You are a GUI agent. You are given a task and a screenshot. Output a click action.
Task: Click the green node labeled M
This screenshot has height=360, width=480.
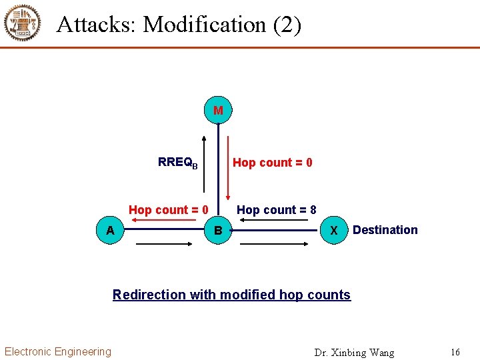coord(218,110)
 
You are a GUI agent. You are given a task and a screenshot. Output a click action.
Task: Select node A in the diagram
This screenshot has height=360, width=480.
coord(110,231)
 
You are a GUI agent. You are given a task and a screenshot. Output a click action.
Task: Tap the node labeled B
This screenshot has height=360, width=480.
coord(218,231)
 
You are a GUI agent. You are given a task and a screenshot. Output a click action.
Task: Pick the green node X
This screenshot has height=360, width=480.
coord(334,231)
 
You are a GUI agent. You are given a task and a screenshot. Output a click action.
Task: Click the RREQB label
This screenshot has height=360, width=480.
coord(177,163)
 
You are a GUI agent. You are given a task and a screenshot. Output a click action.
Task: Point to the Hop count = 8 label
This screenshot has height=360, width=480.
coord(276,210)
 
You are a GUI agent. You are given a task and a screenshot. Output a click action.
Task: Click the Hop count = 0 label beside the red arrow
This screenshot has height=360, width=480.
coord(272,163)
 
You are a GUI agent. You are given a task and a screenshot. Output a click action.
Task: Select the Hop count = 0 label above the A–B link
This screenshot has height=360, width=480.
coord(169,210)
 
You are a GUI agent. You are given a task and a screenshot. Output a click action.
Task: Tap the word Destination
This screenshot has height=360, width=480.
coord(385,230)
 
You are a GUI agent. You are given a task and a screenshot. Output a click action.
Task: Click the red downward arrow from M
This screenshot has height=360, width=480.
coord(228,169)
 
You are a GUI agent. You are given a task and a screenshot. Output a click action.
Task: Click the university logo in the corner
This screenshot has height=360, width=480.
coord(23,23)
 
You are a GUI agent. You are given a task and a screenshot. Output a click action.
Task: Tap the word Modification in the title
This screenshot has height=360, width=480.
coord(205,25)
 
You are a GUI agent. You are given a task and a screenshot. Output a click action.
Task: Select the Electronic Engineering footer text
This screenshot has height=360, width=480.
coord(58,351)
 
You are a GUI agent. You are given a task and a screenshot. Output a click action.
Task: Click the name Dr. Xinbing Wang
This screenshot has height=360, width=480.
coord(354,352)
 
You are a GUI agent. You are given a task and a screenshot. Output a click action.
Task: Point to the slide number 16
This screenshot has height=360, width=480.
coord(455,351)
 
